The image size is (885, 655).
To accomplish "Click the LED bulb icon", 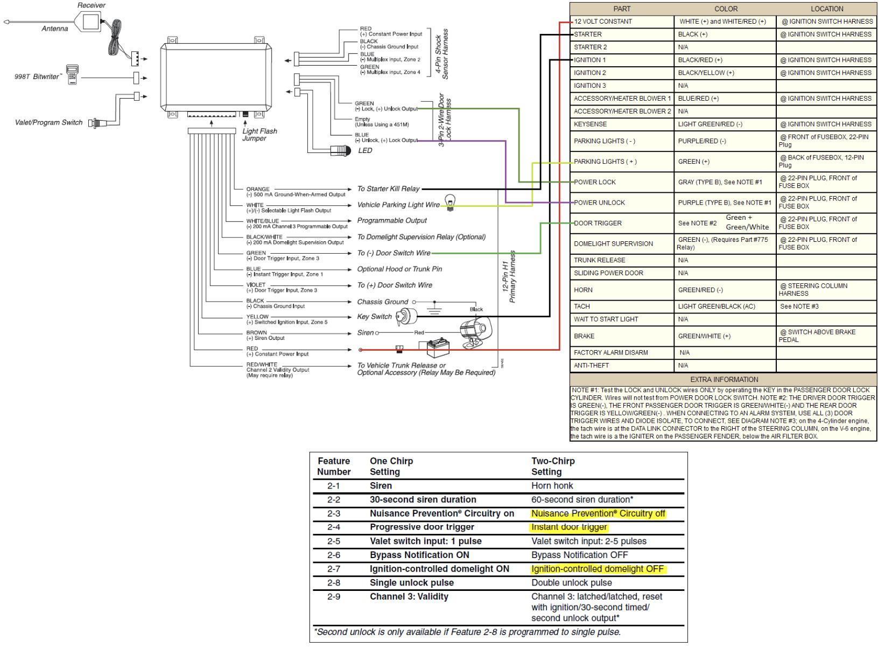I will pos(341,150).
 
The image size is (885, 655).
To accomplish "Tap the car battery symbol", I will pos(438,347).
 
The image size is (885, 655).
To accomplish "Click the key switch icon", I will pos(404,317).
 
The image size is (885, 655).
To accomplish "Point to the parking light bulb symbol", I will pos(450,203).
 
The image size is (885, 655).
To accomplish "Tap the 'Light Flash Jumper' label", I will pos(259,135).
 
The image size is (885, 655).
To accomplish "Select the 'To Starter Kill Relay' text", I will pos(388,189).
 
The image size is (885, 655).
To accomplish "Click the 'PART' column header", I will pos(622,9).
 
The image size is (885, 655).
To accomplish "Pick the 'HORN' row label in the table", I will pos(583,290).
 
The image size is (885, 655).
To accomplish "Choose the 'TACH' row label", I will pos(582,306).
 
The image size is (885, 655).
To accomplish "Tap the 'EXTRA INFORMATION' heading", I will pos(724,379).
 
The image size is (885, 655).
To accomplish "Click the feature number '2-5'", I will pos(334,541).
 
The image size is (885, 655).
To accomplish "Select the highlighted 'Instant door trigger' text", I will pos(569,527).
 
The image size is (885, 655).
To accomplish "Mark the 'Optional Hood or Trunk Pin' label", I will pos(399,269).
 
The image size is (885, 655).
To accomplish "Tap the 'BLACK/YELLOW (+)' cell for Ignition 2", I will pos(706,73).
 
